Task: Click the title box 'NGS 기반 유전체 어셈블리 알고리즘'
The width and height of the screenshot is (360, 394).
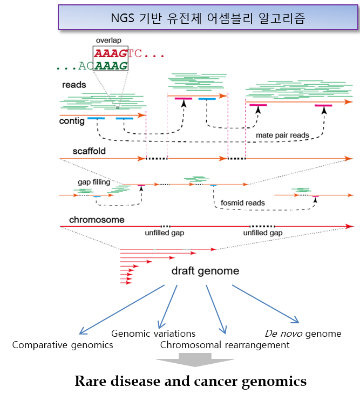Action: tap(207, 18)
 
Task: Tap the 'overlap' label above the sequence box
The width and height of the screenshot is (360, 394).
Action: tap(110, 41)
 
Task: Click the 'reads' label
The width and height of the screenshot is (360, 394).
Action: tap(74, 85)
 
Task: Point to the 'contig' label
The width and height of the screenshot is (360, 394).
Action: tap(72, 121)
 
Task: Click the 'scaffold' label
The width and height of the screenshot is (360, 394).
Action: tap(89, 151)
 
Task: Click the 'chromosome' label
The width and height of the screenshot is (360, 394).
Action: tap(97, 220)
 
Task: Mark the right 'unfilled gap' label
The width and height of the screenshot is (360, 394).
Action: tap(263, 233)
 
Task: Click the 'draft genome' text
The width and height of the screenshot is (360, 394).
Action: tap(205, 270)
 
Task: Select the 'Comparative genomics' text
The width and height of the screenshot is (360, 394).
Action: tap(63, 345)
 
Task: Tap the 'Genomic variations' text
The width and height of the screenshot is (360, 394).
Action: tap(153, 334)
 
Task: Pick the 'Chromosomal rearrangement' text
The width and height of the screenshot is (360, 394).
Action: tap(225, 345)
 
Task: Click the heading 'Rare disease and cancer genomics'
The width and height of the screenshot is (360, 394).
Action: tap(191, 382)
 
